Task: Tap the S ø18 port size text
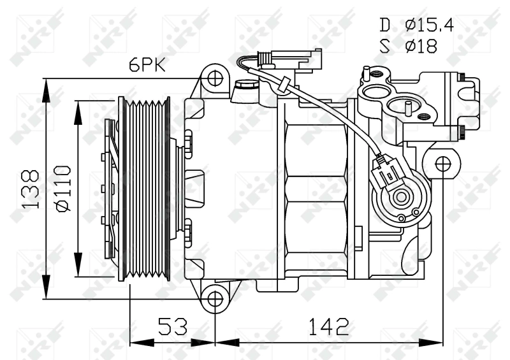(409, 47)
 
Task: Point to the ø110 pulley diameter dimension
(62, 189)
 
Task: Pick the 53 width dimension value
(173, 326)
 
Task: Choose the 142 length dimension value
(329, 326)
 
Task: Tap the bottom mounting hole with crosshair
(215, 298)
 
